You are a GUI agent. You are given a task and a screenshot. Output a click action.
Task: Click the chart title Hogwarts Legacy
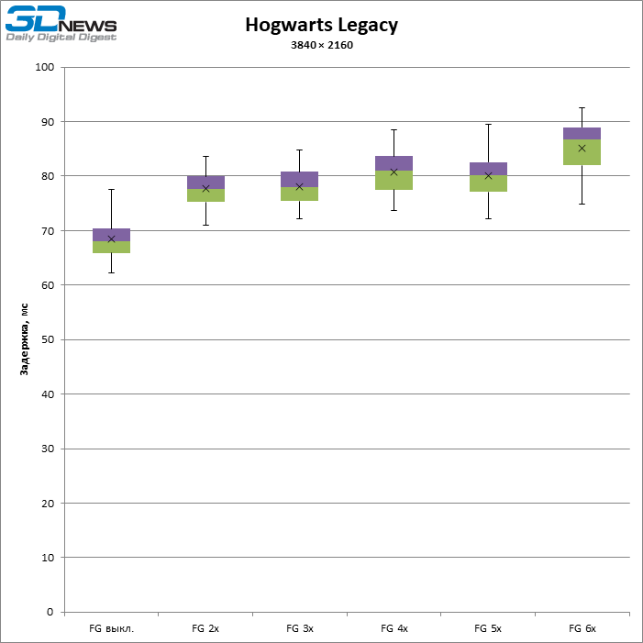click(x=321, y=26)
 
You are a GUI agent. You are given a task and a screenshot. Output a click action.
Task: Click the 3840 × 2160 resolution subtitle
click(x=321, y=45)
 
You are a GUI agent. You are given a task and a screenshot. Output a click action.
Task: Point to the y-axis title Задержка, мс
click(x=25, y=339)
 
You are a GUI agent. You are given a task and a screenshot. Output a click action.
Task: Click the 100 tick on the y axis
click(x=44, y=68)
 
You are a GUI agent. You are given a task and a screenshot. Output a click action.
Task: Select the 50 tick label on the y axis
click(x=47, y=340)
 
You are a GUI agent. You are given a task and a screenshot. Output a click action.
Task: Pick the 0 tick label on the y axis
click(x=50, y=612)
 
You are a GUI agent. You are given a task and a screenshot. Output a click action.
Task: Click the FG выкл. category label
click(x=111, y=629)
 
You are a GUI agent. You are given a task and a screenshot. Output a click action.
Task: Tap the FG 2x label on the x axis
click(x=205, y=629)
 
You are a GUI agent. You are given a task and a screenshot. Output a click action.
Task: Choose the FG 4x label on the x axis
click(x=394, y=629)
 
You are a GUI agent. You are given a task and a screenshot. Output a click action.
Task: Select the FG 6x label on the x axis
click(x=582, y=629)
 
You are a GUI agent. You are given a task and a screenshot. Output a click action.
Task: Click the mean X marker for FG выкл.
click(x=112, y=239)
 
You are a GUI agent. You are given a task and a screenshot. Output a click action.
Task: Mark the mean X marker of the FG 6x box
click(x=582, y=148)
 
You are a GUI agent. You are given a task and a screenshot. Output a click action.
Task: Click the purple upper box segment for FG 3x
click(x=300, y=179)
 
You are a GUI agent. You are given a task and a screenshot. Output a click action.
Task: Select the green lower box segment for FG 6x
click(x=582, y=152)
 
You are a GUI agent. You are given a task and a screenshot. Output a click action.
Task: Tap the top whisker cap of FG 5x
click(x=488, y=125)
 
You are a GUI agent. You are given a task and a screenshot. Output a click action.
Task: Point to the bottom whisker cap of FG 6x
click(x=582, y=204)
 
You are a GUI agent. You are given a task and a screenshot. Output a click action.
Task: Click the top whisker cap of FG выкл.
click(x=112, y=190)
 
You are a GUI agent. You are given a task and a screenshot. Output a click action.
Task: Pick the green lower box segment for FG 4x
click(x=394, y=180)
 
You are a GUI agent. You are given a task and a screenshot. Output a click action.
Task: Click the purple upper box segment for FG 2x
click(x=205, y=182)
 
